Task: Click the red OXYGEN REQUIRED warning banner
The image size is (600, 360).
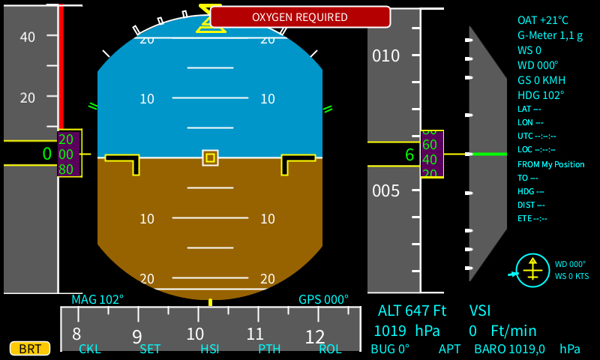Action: tap(300, 16)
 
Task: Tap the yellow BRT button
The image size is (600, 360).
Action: tap(30, 349)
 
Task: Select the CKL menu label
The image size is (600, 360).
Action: tap(90, 349)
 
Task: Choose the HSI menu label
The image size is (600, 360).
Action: tap(210, 349)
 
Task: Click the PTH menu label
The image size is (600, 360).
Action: tap(269, 349)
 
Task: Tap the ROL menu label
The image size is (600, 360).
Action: tap(330, 349)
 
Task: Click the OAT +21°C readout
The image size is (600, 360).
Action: tap(543, 20)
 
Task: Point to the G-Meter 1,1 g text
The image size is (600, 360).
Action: tap(550, 35)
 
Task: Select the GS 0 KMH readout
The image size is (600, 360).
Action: tap(541, 80)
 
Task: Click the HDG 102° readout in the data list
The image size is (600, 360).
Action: tap(541, 95)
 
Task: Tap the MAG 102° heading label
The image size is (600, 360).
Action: tap(97, 300)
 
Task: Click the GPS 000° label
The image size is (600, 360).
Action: tap(324, 300)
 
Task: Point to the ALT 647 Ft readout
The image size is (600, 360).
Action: tap(412, 310)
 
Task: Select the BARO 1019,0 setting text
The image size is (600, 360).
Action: tap(527, 349)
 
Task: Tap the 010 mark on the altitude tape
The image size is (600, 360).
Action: tap(386, 56)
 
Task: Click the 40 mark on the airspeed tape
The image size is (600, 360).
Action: tap(27, 37)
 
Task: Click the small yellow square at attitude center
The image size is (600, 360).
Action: tap(210, 157)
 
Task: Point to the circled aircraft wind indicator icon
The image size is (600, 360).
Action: tap(533, 270)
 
